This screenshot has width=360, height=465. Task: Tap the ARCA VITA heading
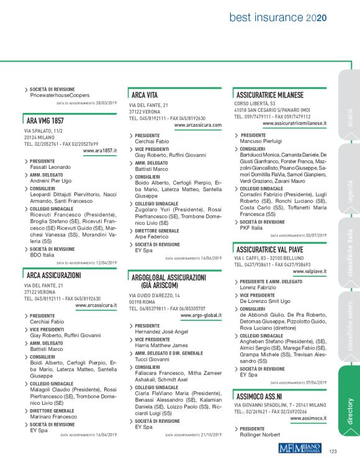tap(145, 95)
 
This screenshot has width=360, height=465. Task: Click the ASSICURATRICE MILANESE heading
tap(270, 95)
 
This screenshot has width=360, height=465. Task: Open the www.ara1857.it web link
tap(100, 150)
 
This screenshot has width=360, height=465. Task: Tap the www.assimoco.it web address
tap(309, 418)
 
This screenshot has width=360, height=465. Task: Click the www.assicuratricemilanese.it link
tap(295, 124)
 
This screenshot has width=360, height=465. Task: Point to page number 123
tap(333, 451)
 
